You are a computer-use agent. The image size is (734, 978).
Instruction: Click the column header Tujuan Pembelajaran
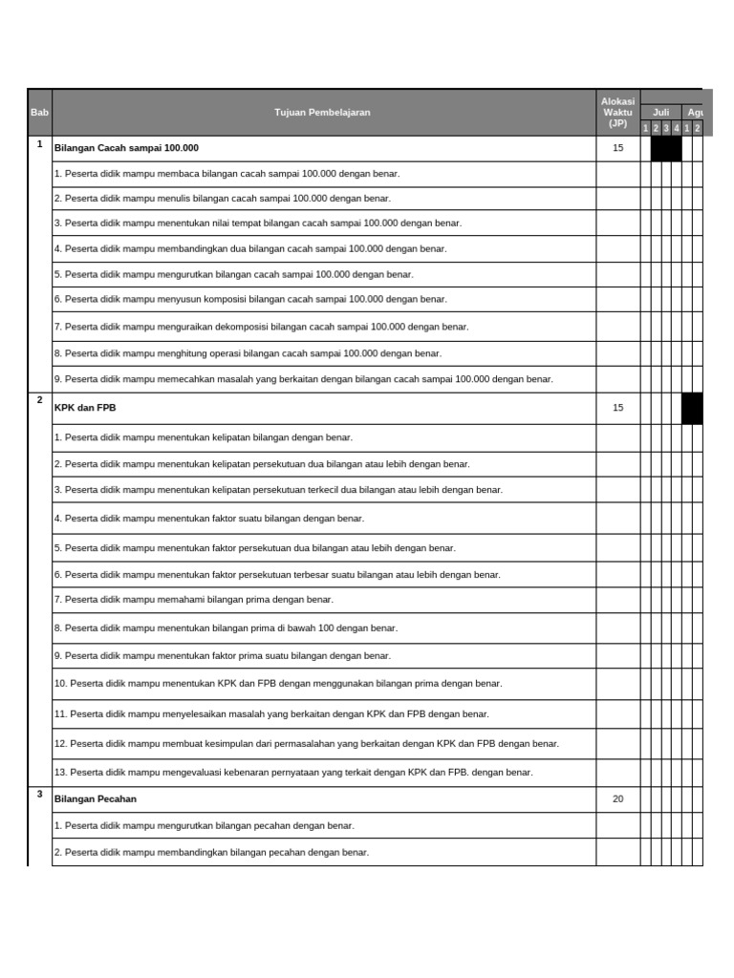[x=322, y=113]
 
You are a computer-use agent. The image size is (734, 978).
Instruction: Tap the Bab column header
[x=39, y=113]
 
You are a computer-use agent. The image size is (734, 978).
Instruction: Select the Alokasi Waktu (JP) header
[x=617, y=112]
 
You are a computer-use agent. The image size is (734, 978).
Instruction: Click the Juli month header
[x=660, y=112]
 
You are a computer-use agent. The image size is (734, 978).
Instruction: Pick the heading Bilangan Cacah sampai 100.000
[x=126, y=148]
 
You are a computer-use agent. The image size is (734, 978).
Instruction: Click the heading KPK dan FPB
[x=86, y=408]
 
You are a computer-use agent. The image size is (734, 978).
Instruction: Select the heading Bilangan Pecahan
[x=96, y=799]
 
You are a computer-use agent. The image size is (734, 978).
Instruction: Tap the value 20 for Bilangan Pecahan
[x=617, y=799]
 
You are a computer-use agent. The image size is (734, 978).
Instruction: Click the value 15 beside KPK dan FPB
[x=617, y=408]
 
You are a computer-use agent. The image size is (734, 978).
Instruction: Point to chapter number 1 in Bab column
[x=39, y=144]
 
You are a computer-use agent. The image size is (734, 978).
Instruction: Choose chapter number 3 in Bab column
[x=39, y=795]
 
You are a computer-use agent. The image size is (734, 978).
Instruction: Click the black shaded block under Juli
[x=666, y=148]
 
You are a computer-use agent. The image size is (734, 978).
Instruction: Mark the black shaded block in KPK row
[x=692, y=408]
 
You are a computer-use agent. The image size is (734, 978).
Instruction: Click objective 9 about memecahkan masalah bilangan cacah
[x=304, y=379]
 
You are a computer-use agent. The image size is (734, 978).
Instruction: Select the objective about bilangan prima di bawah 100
[x=226, y=628]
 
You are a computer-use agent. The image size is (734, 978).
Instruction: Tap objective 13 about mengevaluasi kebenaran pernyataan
[x=293, y=773]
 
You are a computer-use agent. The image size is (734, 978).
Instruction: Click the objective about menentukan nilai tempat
[x=258, y=223]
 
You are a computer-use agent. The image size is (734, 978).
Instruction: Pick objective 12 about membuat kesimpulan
[x=307, y=744]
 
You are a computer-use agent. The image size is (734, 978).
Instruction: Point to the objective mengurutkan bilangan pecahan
[x=204, y=826]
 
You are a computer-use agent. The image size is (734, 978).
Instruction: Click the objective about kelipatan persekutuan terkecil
[x=278, y=490]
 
